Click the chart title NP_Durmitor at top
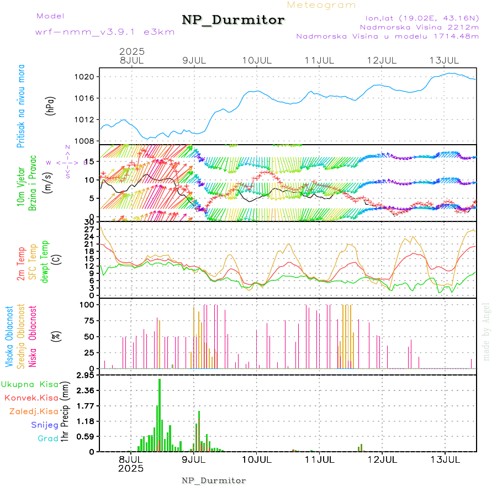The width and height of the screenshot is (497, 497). [233, 20]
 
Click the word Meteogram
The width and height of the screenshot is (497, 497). [321, 5]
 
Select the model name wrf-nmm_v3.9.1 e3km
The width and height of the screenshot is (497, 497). [105, 32]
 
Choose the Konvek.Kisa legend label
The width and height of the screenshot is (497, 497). [31, 398]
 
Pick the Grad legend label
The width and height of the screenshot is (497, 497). [47, 438]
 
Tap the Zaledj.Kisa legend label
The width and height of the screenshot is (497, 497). [34, 411]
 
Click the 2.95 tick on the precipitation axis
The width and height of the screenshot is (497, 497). [86, 376]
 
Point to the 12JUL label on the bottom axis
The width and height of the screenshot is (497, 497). [382, 459]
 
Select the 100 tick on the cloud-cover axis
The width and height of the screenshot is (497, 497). [88, 304]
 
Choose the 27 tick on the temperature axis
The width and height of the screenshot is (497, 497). [88, 229]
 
